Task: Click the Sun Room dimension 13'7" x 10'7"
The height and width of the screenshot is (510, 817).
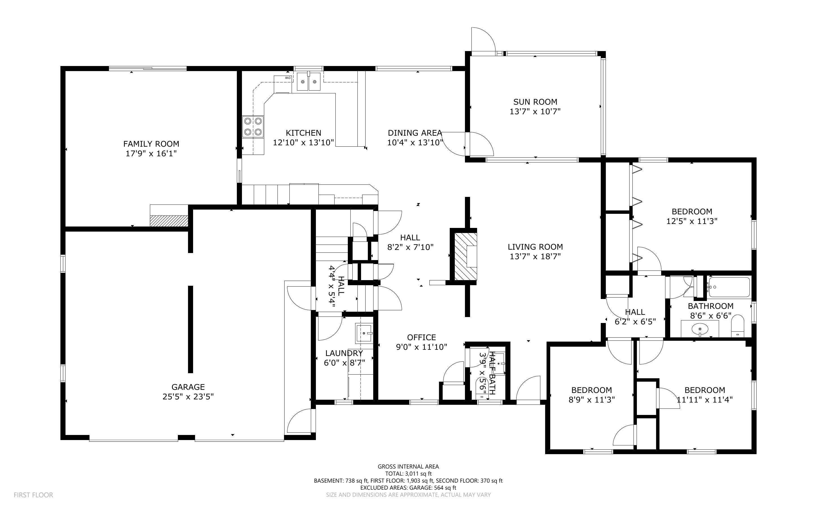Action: pyautogui.click(x=535, y=111)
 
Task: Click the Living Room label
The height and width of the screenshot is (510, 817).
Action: pyautogui.click(x=535, y=247)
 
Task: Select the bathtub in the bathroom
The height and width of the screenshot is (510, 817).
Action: pyautogui.click(x=729, y=287)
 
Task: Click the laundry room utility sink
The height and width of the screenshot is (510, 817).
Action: pyautogui.click(x=364, y=333)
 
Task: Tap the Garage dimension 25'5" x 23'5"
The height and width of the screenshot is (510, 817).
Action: pyautogui.click(x=188, y=397)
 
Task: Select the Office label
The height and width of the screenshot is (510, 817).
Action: pyautogui.click(x=421, y=337)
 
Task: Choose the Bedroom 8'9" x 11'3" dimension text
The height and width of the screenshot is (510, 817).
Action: pyautogui.click(x=591, y=400)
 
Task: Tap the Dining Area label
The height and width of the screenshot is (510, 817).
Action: pyautogui.click(x=415, y=133)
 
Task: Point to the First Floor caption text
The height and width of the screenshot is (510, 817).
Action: pyautogui.click(x=33, y=495)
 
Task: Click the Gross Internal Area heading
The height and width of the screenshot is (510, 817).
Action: pyautogui.click(x=408, y=467)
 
